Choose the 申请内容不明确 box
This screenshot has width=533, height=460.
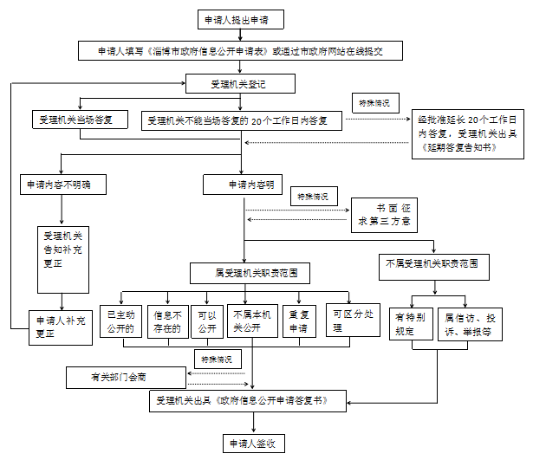click(x=61, y=185)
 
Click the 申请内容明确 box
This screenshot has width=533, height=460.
click(x=244, y=185)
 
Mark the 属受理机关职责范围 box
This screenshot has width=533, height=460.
click(x=244, y=274)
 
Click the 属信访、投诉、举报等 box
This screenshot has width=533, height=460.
click(x=468, y=322)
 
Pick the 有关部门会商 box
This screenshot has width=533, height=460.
click(x=126, y=378)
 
